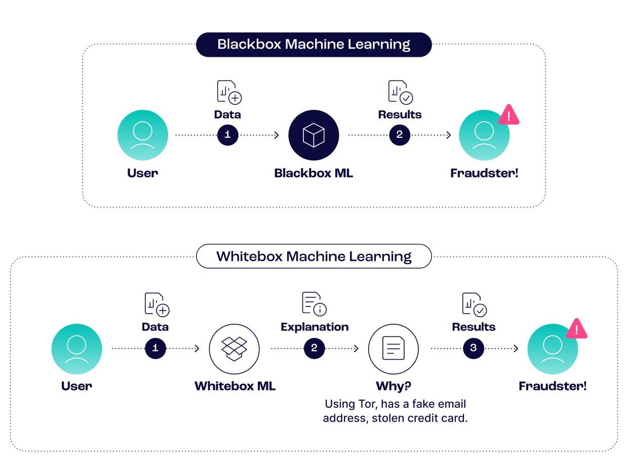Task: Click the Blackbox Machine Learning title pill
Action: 314,45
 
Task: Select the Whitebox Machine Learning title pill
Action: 314,256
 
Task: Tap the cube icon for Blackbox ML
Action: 314,135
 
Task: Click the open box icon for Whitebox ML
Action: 234,349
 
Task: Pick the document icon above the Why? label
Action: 394,349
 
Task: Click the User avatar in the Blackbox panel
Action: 143,135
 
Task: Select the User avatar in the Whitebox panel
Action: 76,349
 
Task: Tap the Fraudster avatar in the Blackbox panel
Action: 484,135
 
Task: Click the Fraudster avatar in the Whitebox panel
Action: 552,349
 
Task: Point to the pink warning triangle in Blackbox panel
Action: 509,115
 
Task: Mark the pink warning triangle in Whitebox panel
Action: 576,329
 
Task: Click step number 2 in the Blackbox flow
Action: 400,135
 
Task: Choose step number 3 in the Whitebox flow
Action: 474,348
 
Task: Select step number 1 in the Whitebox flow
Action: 155,348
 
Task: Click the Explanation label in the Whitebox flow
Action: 315,327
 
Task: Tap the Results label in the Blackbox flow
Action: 400,114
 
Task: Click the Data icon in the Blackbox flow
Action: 229,92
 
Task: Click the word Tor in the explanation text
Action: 364,404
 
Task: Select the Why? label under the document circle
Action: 394,387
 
